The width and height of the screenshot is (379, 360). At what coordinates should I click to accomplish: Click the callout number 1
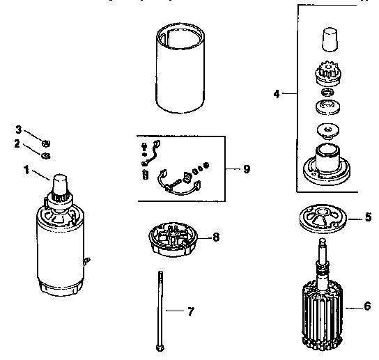click(27, 169)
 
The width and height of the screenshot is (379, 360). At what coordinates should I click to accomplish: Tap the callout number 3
click(20, 129)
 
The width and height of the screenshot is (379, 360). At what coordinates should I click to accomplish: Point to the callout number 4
click(277, 93)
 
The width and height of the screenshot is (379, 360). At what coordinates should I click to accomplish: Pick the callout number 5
click(368, 217)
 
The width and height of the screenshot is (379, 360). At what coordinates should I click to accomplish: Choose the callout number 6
click(367, 306)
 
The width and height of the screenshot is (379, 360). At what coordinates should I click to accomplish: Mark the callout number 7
click(190, 311)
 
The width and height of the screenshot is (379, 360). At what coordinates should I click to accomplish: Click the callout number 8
click(216, 237)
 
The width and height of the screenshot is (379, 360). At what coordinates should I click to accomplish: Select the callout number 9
click(246, 169)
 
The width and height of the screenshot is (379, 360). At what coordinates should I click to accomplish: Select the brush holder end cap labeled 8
click(171, 239)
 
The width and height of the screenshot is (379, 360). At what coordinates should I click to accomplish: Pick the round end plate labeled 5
click(323, 219)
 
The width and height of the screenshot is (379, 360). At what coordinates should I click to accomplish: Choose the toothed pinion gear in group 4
click(327, 72)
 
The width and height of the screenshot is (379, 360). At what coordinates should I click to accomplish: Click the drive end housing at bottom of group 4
click(326, 164)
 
